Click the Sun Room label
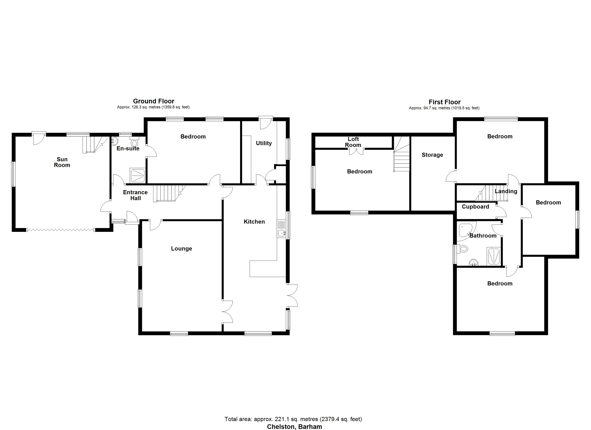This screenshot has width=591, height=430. point(62,162)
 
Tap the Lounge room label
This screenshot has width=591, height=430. point(181,249)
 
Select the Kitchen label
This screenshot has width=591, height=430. point(254,222)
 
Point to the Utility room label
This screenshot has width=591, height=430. point(264,143)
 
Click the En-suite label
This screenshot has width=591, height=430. point(128,148)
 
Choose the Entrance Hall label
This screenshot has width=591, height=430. point(135,195)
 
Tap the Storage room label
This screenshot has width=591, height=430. point(432,155)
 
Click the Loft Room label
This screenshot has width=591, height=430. point(353,142)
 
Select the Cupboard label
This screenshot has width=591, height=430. point(475,207)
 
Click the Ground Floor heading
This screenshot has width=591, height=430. point(153,101)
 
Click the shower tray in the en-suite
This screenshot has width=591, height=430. point(138,176)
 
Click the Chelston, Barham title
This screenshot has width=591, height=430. point(294,427)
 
